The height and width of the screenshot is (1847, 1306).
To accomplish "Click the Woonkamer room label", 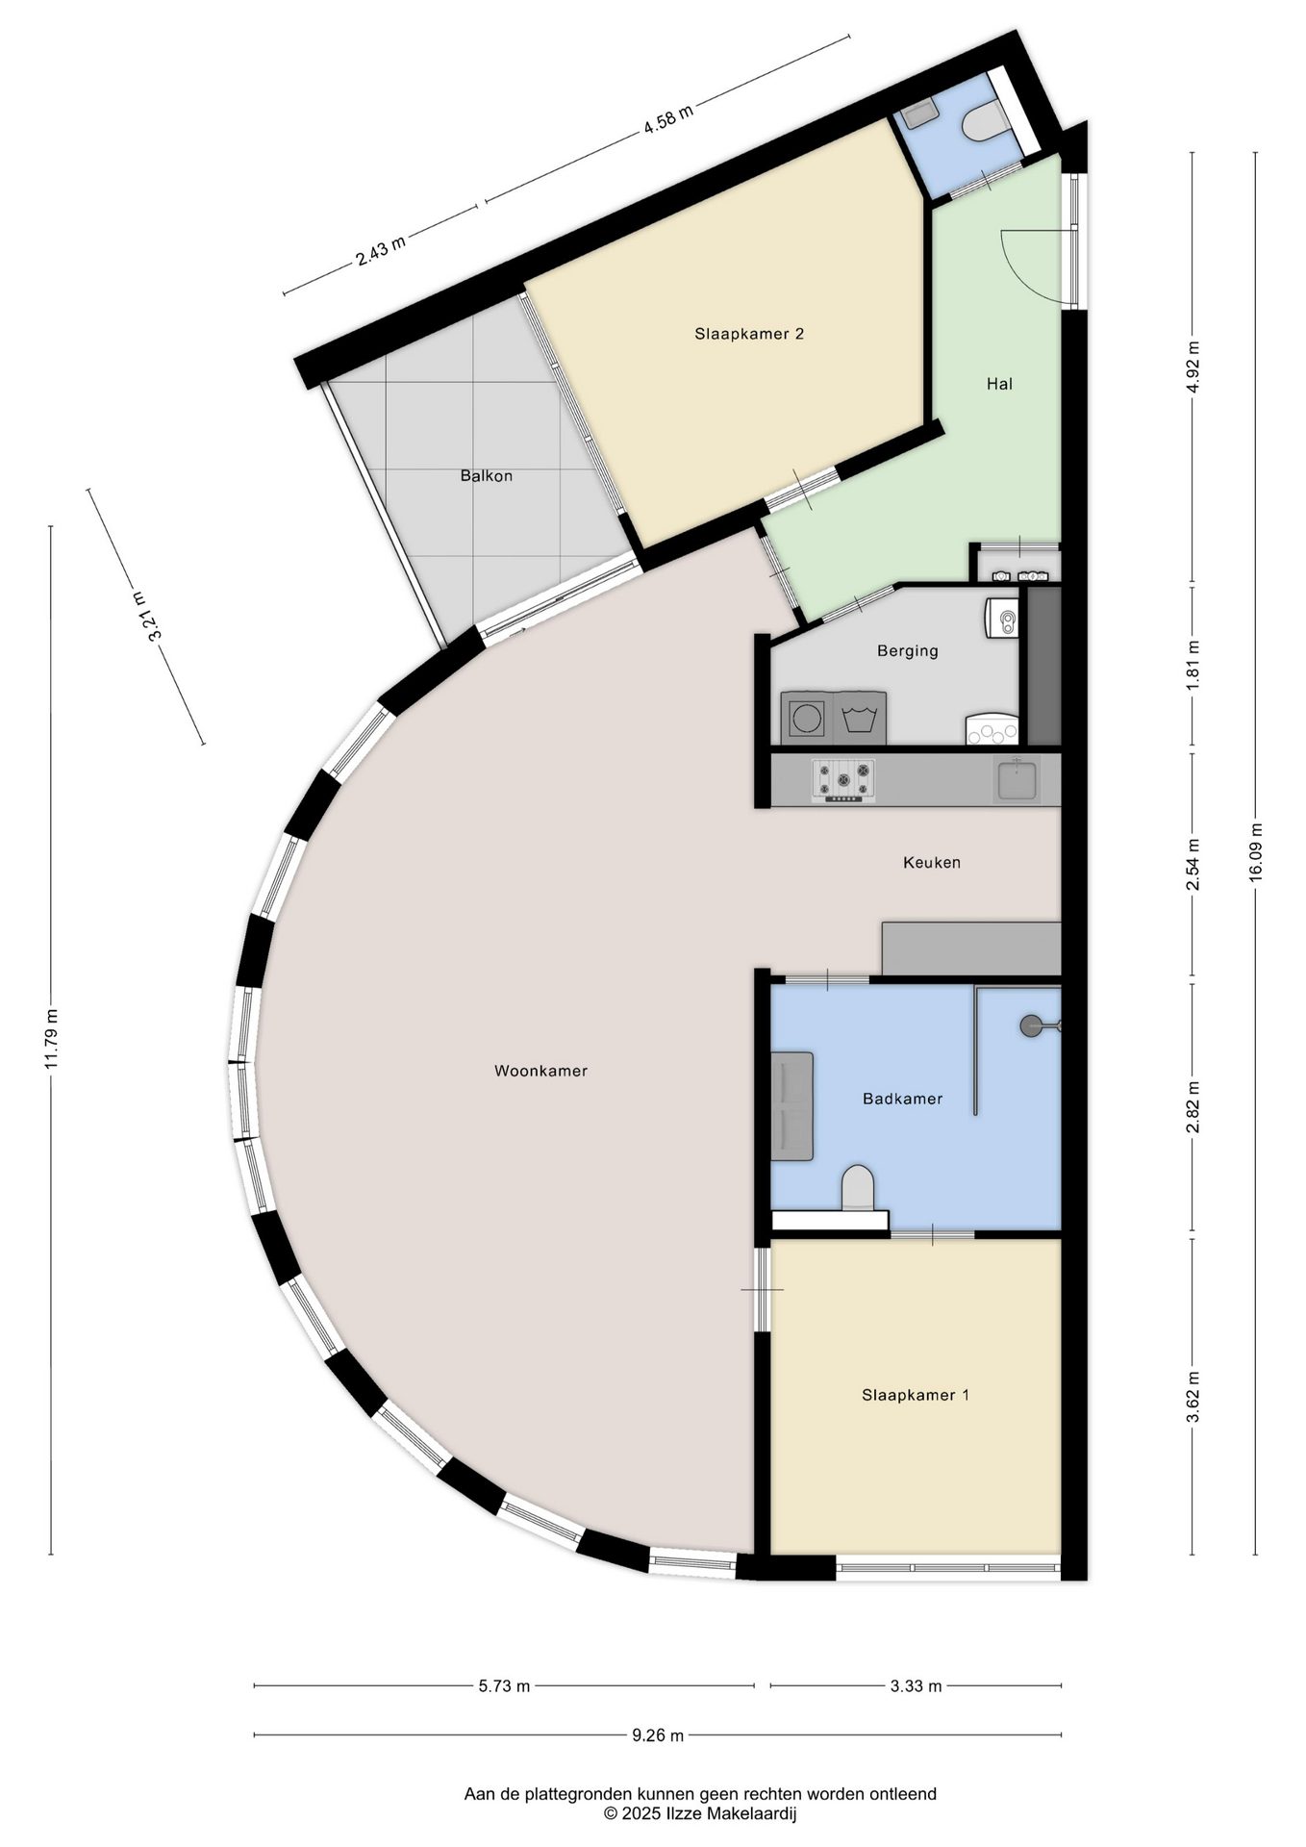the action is point(540,1071).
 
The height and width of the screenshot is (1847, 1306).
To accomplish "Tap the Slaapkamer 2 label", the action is point(749,334).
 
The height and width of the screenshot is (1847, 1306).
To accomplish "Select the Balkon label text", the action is point(486,476).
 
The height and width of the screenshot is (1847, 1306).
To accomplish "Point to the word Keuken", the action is point(932,863).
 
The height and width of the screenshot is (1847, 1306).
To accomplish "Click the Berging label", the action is point(908,651).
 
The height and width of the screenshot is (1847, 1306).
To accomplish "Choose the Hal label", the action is point(999,384).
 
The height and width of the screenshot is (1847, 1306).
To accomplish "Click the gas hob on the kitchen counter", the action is point(844,779).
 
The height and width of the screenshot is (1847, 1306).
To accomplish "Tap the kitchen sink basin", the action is point(1017,778).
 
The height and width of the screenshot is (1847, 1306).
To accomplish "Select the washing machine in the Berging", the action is point(806,718).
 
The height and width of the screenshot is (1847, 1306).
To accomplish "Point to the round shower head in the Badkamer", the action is point(1031,1025).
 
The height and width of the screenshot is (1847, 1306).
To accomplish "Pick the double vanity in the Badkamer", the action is point(792,1106).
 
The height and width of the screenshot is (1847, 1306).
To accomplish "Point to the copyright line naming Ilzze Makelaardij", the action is point(700,1814).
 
